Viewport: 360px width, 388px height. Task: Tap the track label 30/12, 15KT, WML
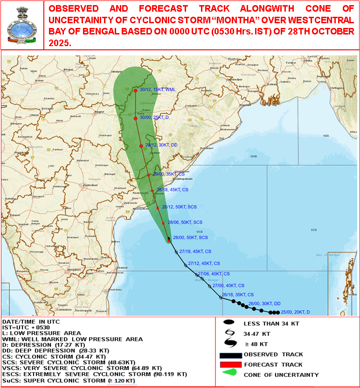coord(158,89)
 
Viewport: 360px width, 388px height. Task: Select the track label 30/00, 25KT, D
coord(154,118)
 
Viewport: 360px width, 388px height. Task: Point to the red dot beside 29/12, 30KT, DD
coord(141,146)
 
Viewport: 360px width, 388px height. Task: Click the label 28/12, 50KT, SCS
coord(179,207)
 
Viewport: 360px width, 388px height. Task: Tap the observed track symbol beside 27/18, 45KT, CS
coord(176,252)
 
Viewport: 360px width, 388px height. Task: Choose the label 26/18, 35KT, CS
coord(238,295)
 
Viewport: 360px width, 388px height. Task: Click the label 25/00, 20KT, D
coord(296,312)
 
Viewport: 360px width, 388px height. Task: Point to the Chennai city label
coord(123,268)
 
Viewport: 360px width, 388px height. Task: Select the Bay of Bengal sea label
coord(326,255)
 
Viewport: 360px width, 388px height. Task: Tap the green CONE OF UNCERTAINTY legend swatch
coord(230,374)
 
